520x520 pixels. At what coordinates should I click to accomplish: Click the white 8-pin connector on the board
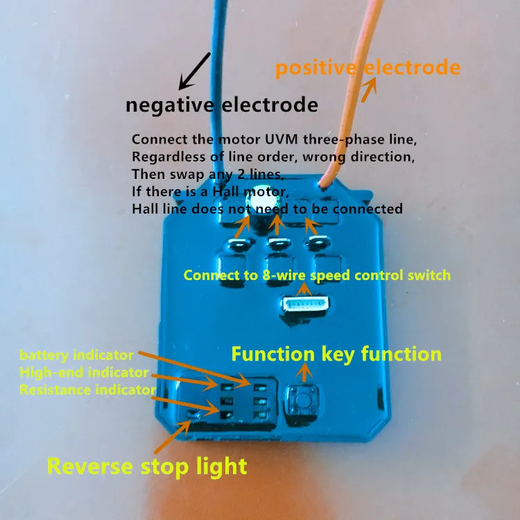[304, 304]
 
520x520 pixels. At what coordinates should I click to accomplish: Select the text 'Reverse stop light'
[147, 466]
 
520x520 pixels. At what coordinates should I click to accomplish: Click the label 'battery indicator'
[76, 356]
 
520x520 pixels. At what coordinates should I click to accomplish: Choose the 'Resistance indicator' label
[87, 390]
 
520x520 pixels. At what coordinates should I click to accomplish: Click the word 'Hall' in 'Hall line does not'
[144, 208]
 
